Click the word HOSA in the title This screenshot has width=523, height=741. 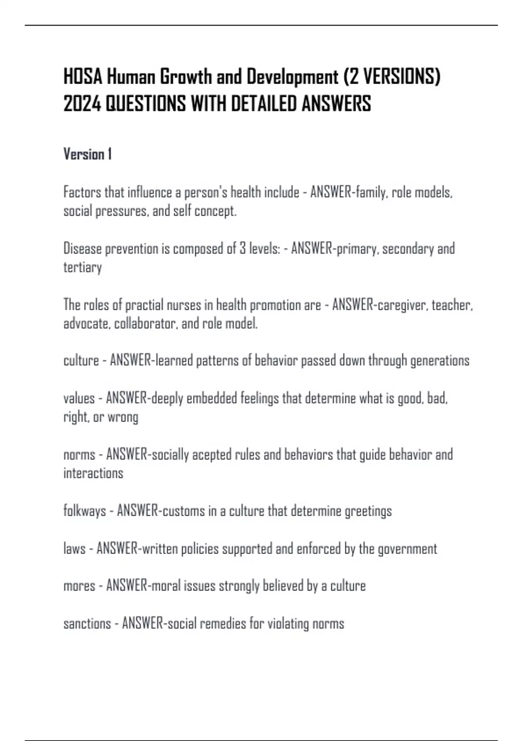click(x=83, y=77)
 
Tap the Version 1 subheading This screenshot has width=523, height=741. click(x=88, y=154)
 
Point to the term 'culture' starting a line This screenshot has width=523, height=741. click(x=81, y=360)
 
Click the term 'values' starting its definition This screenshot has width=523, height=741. click(x=79, y=398)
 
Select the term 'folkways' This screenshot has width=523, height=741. click(x=85, y=510)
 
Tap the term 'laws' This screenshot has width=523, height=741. click(x=75, y=548)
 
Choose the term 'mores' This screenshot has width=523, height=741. click(x=79, y=585)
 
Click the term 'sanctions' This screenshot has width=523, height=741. click(x=87, y=623)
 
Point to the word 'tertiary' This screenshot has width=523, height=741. click(x=82, y=267)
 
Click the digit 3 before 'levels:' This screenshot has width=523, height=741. click(x=242, y=248)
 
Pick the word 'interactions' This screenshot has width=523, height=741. click(x=93, y=473)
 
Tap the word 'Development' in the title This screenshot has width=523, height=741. click(x=292, y=77)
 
